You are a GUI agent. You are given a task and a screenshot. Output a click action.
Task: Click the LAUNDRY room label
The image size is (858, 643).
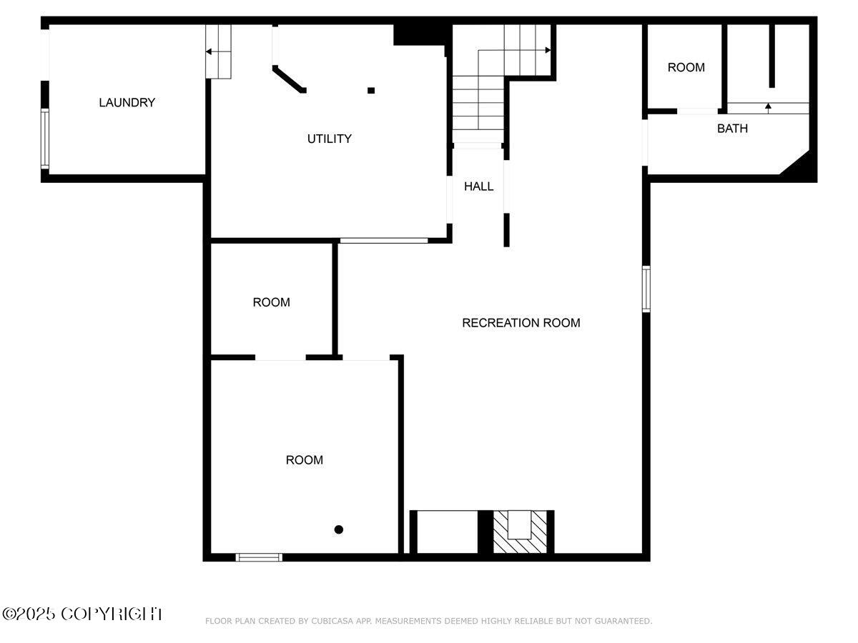point(127,102)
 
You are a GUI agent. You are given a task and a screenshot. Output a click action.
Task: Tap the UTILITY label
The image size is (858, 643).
point(329,139)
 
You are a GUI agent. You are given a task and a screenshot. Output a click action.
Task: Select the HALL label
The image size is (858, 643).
point(478,186)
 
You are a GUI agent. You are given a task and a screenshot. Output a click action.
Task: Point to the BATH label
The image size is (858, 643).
point(732,129)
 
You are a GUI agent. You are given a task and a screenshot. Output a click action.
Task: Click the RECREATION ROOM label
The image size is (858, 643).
point(521,323)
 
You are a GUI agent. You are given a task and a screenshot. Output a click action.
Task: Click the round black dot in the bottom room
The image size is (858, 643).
point(338,529)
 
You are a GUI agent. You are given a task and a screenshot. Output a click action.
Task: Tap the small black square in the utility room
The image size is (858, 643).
point(371,91)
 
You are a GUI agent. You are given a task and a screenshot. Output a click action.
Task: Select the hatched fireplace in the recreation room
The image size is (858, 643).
point(520,532)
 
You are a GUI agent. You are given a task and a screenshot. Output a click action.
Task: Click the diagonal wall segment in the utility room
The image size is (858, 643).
point(289,79)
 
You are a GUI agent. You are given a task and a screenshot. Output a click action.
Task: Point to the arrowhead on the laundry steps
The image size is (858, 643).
point(208,51)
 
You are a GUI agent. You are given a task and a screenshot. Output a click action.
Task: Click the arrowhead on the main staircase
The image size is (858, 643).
point(548,50)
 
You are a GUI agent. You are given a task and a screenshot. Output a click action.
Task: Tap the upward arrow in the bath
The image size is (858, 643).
point(768,108)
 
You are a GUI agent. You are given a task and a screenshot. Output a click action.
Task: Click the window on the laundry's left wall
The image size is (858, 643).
point(45,139)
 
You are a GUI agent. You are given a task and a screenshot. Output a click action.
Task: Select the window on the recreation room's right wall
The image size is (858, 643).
point(646,289)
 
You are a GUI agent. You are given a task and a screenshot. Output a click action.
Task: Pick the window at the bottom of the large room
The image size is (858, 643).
point(258,557)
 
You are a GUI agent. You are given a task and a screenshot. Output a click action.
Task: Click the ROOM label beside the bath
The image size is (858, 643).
point(686,68)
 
